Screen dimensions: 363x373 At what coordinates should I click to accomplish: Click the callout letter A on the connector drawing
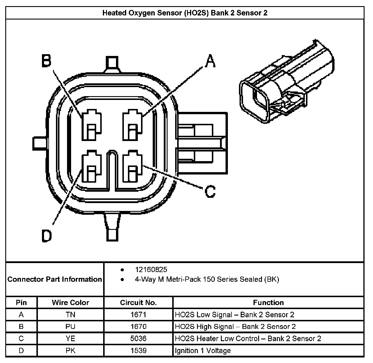(x=210, y=61)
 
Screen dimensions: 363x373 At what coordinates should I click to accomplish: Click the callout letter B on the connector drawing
(x=46, y=61)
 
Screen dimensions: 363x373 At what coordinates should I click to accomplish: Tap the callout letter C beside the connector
(x=210, y=192)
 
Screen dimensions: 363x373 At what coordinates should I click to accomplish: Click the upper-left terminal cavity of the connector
(x=92, y=125)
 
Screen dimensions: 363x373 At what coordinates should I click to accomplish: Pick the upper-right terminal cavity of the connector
(x=133, y=125)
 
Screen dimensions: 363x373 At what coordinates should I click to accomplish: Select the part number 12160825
(x=151, y=270)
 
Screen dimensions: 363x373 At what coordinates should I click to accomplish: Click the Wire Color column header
(x=70, y=302)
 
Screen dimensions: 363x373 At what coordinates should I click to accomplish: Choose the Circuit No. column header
(x=138, y=302)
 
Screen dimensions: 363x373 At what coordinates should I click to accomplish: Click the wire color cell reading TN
(x=70, y=315)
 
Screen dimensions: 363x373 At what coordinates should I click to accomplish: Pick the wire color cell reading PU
(x=70, y=327)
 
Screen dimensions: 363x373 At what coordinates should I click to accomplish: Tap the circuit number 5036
(x=138, y=339)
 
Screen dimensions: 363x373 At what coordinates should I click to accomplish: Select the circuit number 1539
(x=138, y=350)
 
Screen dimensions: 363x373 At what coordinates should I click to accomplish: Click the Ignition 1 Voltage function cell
(x=203, y=350)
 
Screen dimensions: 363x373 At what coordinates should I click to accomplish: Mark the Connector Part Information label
(x=55, y=279)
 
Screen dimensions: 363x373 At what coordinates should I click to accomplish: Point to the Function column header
(x=268, y=302)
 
